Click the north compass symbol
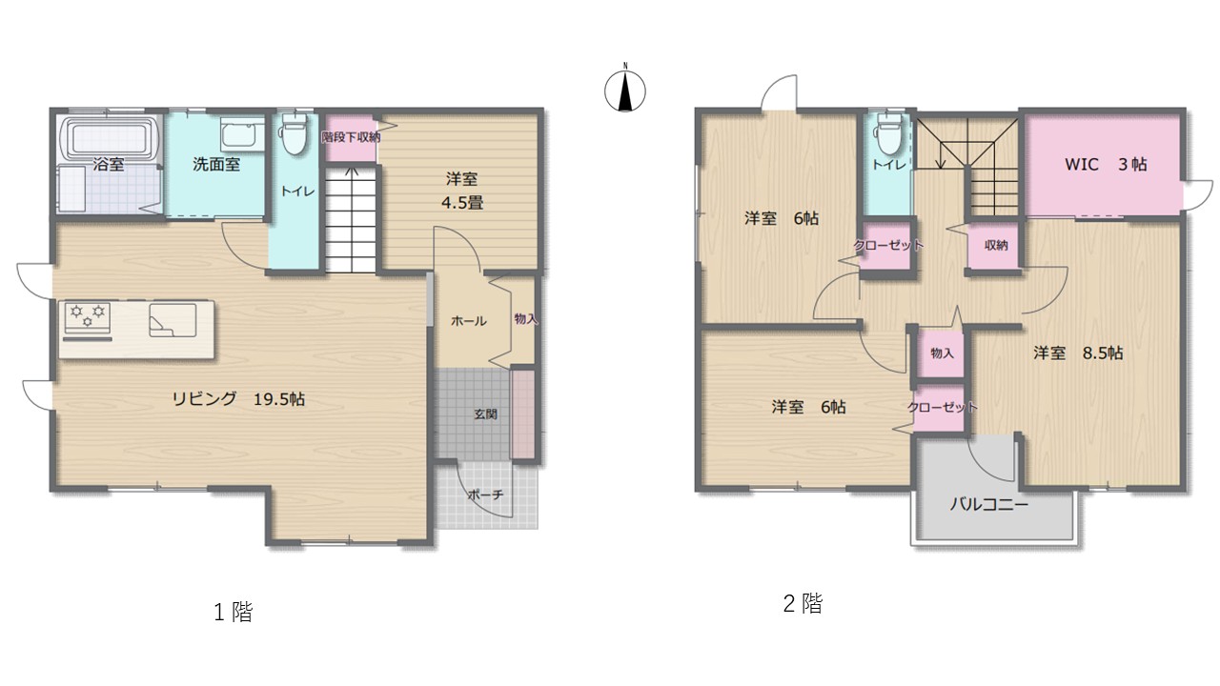click(625, 91)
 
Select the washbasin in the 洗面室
click(242, 133)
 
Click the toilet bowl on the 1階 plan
click(294, 135)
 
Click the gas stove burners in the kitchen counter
click(87, 317)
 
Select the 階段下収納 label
click(350, 137)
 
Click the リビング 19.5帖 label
click(238, 399)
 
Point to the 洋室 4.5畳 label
click(462, 191)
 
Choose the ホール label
click(468, 321)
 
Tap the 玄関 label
click(485, 414)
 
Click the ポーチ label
click(485, 494)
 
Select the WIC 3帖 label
click(1106, 164)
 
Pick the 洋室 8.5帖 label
click(1078, 353)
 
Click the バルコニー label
click(989, 505)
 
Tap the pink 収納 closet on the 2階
click(996, 245)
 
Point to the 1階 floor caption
click(234, 612)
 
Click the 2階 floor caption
click(803, 603)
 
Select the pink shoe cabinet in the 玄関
click(523, 414)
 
